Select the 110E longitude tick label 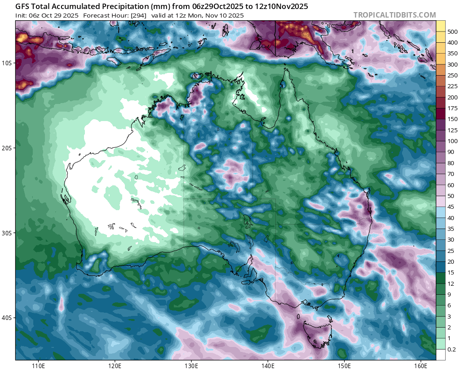click(x=38, y=364)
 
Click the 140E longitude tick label click(x=268, y=364)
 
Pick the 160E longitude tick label click(x=421, y=364)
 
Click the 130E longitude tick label click(x=191, y=364)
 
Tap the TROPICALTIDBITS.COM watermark click(x=394, y=15)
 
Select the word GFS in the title click(x=23, y=7)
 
